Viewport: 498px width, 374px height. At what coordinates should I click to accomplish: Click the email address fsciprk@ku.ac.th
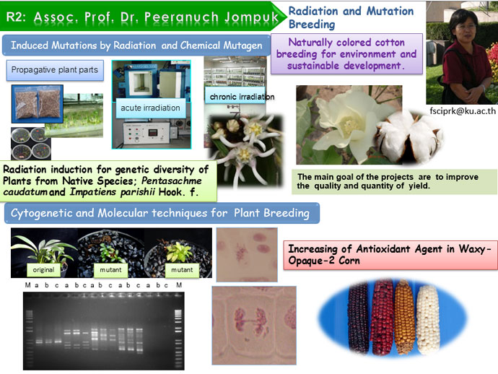(x=463, y=111)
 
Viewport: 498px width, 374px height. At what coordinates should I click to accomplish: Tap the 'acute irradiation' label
(x=150, y=108)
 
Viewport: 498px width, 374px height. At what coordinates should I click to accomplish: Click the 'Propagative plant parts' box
(x=55, y=70)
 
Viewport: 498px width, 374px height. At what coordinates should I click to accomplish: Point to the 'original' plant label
(x=43, y=270)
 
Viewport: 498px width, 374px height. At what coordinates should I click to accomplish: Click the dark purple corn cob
(x=358, y=318)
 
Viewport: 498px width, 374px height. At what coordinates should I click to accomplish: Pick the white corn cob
(x=428, y=319)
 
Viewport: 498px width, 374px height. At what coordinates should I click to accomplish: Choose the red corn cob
(x=383, y=317)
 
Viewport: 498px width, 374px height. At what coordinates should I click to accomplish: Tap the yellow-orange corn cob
(x=405, y=317)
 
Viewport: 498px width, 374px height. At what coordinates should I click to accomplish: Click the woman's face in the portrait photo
(x=466, y=27)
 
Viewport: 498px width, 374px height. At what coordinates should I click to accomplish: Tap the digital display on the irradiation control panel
(x=152, y=133)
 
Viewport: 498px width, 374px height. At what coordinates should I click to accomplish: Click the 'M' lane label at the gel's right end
(x=179, y=285)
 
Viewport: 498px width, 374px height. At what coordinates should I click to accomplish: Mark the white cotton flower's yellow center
(x=350, y=126)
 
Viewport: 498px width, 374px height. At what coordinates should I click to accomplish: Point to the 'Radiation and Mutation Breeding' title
(x=351, y=17)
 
